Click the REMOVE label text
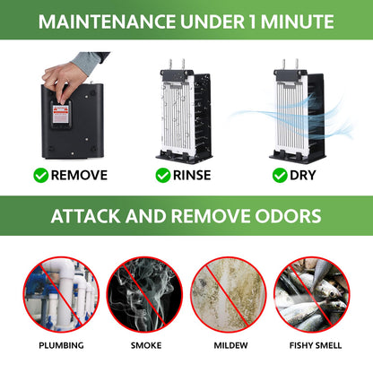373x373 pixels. [79, 176]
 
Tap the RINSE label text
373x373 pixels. [191, 176]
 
